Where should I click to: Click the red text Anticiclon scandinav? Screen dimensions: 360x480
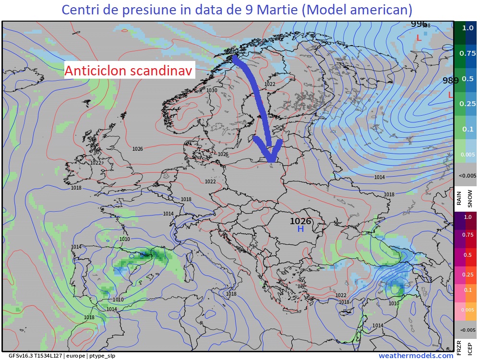tap(129, 71)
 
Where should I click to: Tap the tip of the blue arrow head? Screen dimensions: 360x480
tap(271, 161)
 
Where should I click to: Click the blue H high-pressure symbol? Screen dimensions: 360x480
tap(300, 229)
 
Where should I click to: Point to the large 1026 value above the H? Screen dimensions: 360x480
tap(300, 221)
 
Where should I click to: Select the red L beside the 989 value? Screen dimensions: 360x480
tap(450, 96)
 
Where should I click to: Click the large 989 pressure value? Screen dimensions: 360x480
tap(451, 81)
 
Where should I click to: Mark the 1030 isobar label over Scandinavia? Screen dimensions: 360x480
tap(212, 90)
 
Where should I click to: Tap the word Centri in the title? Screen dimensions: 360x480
tap(83, 10)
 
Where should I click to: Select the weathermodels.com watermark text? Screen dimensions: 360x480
tap(416, 356)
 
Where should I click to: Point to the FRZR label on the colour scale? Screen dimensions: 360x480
tap(459, 347)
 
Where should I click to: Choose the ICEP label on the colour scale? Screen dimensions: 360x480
tap(470, 347)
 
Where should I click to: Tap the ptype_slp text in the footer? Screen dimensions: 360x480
tap(102, 356)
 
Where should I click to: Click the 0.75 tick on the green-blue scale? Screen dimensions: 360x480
tap(467, 53)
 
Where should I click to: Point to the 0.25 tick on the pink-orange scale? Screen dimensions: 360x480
tap(467, 274)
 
